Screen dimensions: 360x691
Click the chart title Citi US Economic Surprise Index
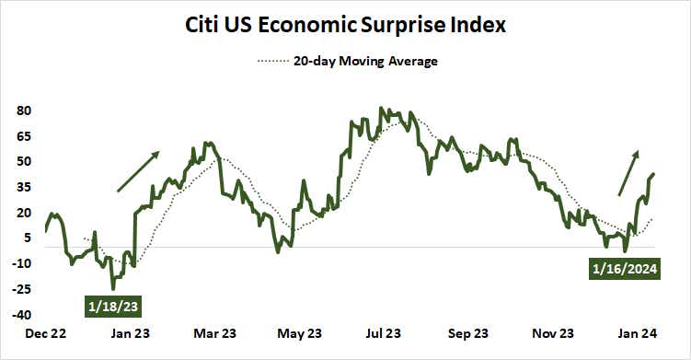346,25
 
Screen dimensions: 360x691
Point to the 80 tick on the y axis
25,110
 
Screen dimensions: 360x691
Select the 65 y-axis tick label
25,136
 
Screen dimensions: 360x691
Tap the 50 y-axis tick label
25,161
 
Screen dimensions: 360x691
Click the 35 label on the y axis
25,187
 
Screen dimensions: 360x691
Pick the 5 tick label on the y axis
28,238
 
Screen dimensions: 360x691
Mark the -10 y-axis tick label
23,263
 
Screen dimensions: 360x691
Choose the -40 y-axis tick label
23,314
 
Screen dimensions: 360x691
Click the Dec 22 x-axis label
46,334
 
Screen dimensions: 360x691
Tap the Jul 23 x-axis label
383,334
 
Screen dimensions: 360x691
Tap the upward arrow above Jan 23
138,171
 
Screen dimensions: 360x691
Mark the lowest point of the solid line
113,288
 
